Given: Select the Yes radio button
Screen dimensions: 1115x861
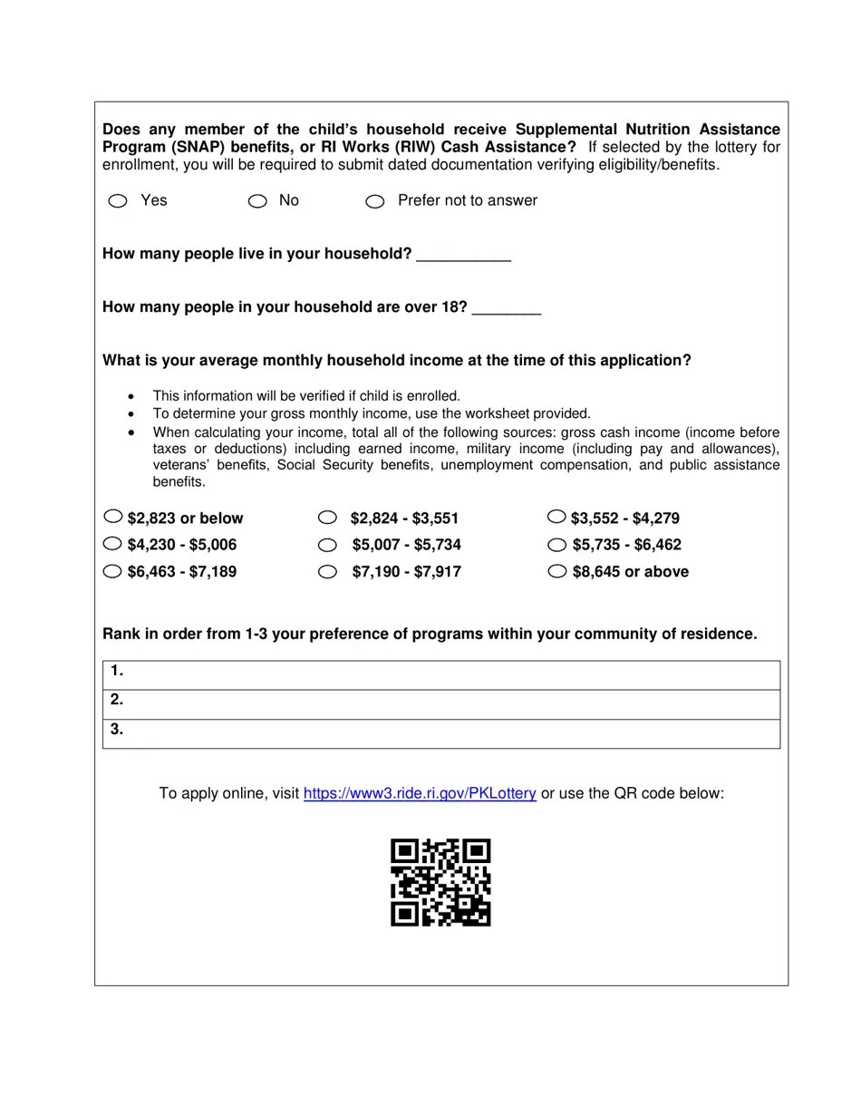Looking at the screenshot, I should tap(118, 201).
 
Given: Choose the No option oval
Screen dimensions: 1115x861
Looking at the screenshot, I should tap(257, 201).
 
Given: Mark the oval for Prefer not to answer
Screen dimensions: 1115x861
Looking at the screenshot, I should tap(375, 201).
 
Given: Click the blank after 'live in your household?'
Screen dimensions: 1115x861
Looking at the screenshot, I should tap(463, 255).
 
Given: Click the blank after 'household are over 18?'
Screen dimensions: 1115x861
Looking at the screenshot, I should tap(507, 308).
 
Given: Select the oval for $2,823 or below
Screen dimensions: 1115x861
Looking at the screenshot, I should tap(112, 517).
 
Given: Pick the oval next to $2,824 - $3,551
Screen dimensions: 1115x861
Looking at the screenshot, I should tap(327, 518).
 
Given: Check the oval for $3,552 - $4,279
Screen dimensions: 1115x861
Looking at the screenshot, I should tap(556, 517).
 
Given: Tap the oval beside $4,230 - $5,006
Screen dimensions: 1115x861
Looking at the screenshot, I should tap(112, 544).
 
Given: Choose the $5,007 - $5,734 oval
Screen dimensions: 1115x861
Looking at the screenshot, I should tap(327, 545).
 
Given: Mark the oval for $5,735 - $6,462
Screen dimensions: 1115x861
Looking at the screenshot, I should tap(557, 545).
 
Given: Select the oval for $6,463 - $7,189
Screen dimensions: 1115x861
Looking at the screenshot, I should tap(112, 571).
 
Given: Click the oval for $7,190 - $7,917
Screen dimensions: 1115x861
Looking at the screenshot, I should tap(327, 572).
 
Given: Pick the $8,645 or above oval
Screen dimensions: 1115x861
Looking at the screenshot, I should tap(557, 571).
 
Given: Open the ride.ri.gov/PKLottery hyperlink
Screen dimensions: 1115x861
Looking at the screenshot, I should tap(420, 793).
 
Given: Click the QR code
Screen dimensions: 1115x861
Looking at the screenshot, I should tap(440, 882).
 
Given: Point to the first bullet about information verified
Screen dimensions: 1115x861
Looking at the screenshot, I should tap(306, 396).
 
